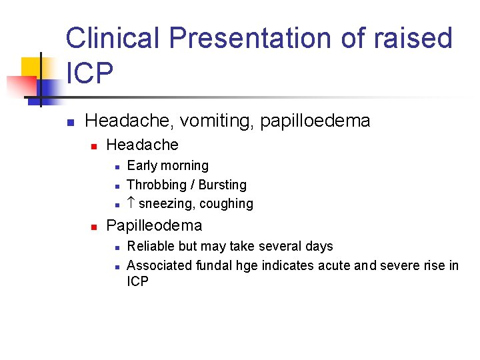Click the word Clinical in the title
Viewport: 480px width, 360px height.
[x=112, y=39]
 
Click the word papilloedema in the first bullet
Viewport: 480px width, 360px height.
[x=315, y=121]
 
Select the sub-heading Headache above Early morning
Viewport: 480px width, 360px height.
[x=143, y=145]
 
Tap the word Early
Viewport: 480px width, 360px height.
[x=141, y=165]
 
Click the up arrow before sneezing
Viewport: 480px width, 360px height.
[x=131, y=203]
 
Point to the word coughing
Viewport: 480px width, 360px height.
[x=224, y=204]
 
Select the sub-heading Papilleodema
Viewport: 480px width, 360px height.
[x=154, y=225]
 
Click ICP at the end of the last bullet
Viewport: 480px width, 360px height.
[x=138, y=281]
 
